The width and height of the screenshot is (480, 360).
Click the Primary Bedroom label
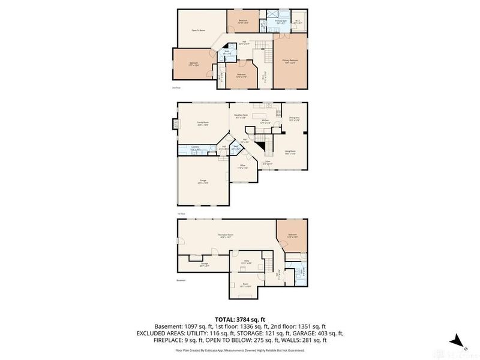coord(290,61)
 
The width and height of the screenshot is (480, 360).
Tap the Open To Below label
coord(198,29)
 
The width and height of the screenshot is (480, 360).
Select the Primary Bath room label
coord(281,22)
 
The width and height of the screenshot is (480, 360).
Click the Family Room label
coord(202,122)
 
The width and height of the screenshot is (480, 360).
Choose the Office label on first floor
coord(243,166)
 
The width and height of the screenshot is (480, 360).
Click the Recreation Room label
coord(226,235)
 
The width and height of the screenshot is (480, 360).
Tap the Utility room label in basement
coord(245,261)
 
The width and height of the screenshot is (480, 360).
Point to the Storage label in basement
coord(204,265)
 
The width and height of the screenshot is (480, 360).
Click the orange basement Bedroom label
coord(292,235)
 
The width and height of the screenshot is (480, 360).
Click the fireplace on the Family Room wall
coord(175,124)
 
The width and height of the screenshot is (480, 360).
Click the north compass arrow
coord(458,340)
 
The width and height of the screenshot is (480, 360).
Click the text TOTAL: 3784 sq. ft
coord(239,320)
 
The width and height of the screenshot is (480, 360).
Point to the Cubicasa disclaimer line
coord(239,349)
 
